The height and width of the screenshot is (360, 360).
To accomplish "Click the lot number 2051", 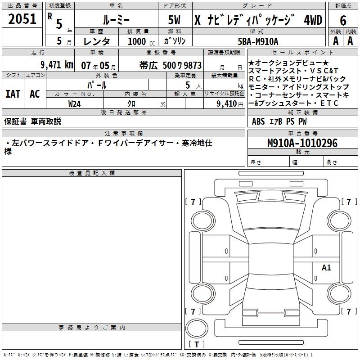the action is point(22,19).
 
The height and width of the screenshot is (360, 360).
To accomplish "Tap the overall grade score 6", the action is point(343,21).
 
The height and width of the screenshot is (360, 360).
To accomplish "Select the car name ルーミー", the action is point(116,20).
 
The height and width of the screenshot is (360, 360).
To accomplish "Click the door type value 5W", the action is point(174,20).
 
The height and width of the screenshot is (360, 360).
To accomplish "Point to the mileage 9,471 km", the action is point(57,65).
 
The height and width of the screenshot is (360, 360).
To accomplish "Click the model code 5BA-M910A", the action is point(258,41).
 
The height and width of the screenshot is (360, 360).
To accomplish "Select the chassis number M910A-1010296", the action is point(302,143).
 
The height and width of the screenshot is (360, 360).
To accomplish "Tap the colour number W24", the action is point(74,104).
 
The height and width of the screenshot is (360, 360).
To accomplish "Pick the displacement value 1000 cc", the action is point(141,41).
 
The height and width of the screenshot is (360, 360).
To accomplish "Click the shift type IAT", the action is point(13,94).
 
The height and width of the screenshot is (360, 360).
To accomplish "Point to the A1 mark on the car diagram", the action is point(326,267).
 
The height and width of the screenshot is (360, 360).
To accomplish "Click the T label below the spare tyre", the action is point(197,344).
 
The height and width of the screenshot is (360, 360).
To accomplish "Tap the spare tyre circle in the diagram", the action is point(197,328).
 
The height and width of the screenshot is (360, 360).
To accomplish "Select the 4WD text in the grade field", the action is point(313,20).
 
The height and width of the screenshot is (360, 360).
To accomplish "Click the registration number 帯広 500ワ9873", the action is point(171,65).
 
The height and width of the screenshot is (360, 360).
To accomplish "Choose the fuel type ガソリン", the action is point(175,41).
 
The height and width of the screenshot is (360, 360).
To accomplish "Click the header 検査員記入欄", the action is point(92,173).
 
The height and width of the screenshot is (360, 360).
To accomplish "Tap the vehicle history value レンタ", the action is point(97,41).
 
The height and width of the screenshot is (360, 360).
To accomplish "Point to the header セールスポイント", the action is point(302,53).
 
